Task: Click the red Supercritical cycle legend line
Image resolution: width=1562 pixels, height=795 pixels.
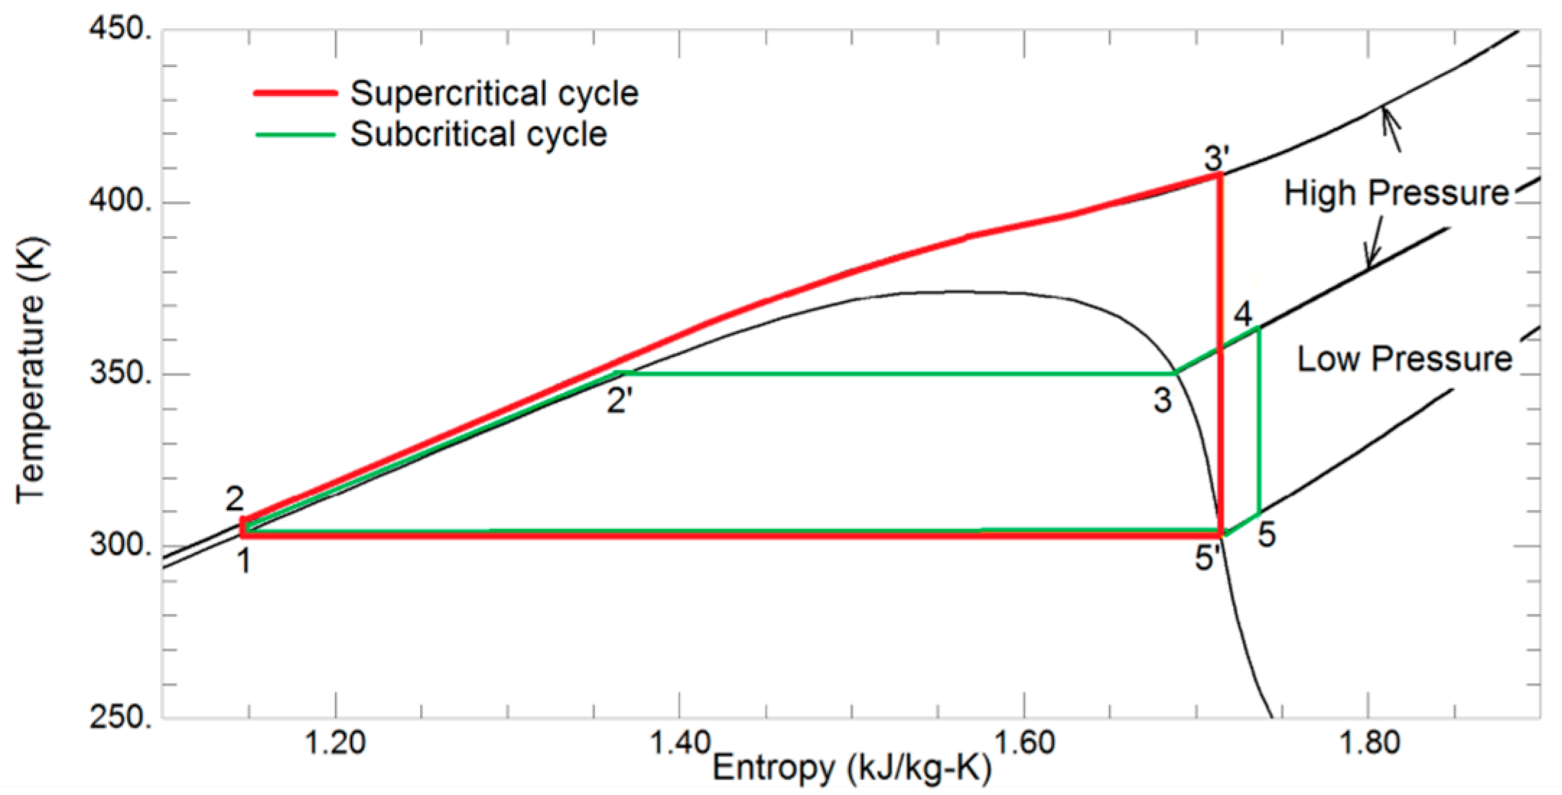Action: (295, 93)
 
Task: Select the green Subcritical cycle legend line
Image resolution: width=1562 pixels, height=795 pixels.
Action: (295, 135)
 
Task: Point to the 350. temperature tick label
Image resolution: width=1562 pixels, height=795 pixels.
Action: (120, 374)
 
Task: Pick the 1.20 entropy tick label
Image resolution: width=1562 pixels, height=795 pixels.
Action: (335, 743)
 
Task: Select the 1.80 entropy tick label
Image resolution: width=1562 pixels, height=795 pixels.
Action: (1369, 743)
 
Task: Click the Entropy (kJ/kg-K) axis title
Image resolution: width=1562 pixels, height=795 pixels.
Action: (852, 768)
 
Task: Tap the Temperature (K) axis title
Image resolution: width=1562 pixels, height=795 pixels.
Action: (30, 370)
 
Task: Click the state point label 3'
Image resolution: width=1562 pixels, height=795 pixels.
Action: (1216, 157)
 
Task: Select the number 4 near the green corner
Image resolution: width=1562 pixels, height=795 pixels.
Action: (1243, 315)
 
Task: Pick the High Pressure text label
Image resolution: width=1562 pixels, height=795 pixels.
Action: (1396, 193)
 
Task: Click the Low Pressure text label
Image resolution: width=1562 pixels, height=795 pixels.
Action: (1404, 359)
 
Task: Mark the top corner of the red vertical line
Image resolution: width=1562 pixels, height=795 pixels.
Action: (1220, 175)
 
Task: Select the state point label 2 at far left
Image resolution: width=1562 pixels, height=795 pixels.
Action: (235, 498)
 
